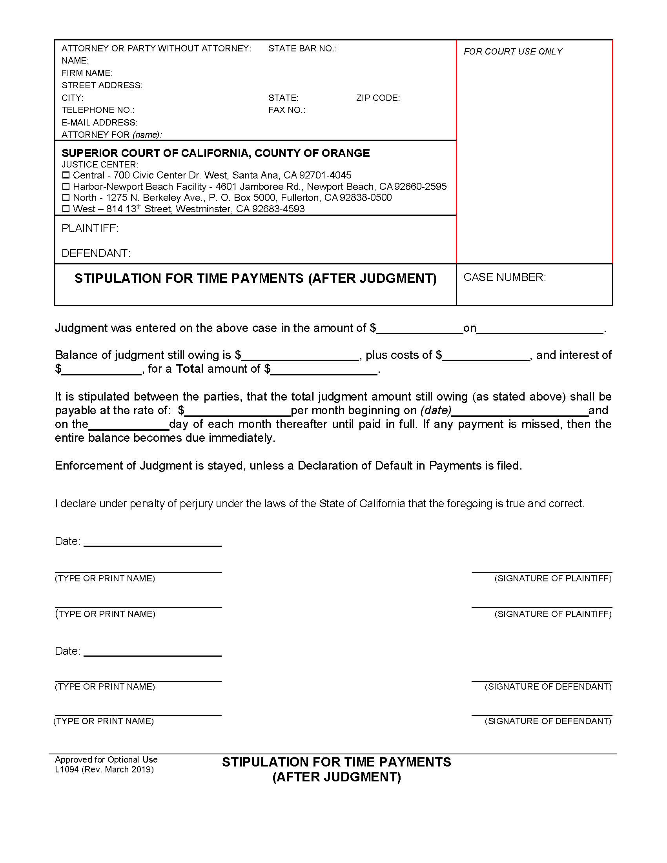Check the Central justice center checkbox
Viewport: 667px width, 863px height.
tap(66, 175)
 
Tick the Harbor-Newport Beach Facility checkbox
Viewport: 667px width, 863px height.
tap(66, 186)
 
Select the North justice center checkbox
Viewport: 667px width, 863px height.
tap(66, 197)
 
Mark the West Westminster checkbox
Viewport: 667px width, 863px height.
tap(66, 209)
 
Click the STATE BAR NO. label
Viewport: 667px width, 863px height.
tap(302, 49)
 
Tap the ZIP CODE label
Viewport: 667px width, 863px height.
tap(378, 98)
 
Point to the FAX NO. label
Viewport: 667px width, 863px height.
tap(286, 110)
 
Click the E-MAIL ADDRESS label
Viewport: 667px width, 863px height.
tap(99, 122)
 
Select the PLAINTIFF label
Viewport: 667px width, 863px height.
tap(90, 228)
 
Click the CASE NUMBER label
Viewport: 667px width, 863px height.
tap(504, 277)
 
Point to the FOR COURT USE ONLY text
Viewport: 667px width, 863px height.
tap(512, 52)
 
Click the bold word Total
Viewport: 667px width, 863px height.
tap(190, 369)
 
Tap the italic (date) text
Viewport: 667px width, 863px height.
tap(436, 411)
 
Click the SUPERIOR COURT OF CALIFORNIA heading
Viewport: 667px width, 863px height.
tap(215, 153)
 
